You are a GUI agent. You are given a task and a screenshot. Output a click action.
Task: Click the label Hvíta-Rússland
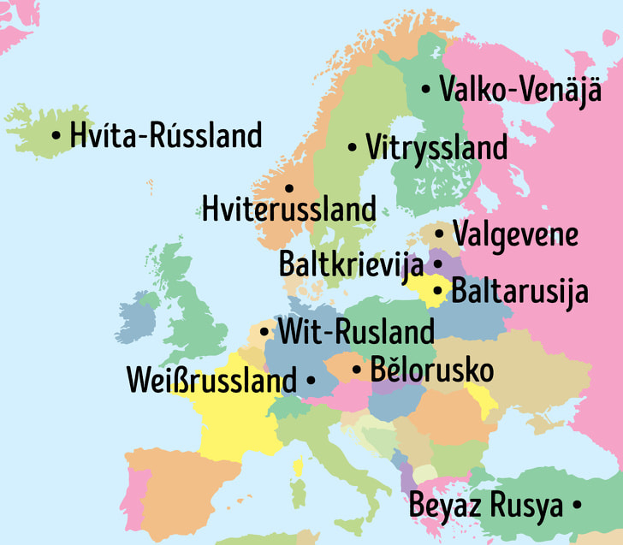pyautogui.click(x=166, y=135)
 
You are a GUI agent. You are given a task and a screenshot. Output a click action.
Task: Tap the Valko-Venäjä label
pyautogui.click(x=520, y=89)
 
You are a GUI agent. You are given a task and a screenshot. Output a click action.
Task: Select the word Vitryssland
pyautogui.click(x=436, y=147)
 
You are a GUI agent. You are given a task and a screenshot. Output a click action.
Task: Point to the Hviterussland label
pyautogui.click(x=288, y=208)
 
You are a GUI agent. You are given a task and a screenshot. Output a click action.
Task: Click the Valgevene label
pyautogui.click(x=515, y=234)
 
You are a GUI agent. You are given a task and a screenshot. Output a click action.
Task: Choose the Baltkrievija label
pyautogui.click(x=351, y=264)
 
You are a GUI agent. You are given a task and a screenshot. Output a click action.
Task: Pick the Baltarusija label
pyautogui.click(x=519, y=291)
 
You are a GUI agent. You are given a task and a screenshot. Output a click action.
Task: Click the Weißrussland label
pyautogui.click(x=211, y=379)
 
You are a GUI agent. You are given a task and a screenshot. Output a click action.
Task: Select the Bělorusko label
pyautogui.click(x=431, y=370)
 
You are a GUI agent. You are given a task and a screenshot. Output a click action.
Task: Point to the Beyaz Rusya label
pyautogui.click(x=486, y=505)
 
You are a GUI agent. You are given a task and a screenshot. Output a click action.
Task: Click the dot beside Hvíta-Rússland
pyautogui.click(x=56, y=135)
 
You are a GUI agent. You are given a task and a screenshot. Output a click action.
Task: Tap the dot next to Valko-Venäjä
pyautogui.click(x=426, y=89)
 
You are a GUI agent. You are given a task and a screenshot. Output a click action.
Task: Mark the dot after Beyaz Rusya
pyautogui.click(x=577, y=506)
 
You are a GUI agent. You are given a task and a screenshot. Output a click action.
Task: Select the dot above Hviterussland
pyautogui.click(x=289, y=187)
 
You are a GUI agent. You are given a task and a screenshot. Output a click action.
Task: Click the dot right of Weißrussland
pyautogui.click(x=310, y=379)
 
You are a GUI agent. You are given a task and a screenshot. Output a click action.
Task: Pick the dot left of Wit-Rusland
pyautogui.click(x=264, y=331)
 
